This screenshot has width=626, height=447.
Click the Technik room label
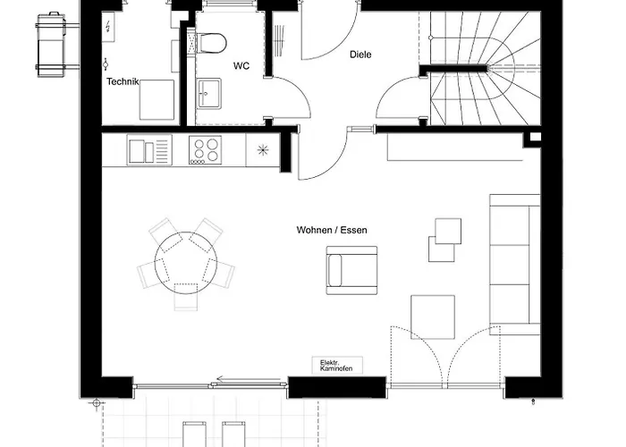tap(123, 81)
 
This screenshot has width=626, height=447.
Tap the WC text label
tap(241, 66)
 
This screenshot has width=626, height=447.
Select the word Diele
tap(360, 55)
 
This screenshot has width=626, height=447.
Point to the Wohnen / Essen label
tap(332, 230)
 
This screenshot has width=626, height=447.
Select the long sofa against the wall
tap(514, 264)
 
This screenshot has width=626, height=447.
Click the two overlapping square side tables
tap(444, 239)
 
